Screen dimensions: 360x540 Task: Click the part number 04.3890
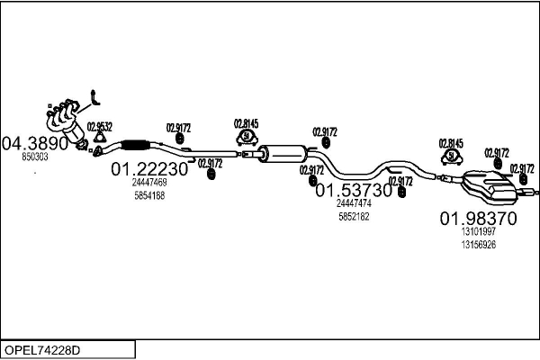click(x=36, y=143)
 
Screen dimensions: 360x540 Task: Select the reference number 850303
click(x=34, y=157)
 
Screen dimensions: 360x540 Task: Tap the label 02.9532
click(x=100, y=125)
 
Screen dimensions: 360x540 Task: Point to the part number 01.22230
click(x=149, y=168)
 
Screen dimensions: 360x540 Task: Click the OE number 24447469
click(x=148, y=182)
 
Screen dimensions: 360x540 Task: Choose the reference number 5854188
click(x=148, y=195)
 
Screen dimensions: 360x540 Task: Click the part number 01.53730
click(x=354, y=190)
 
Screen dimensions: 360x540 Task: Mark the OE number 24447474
click(x=354, y=203)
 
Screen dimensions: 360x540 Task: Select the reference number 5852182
click(x=354, y=217)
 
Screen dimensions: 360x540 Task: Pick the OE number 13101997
click(x=477, y=231)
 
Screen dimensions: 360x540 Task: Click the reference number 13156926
click(x=477, y=245)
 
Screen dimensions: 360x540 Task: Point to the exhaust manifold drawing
click(x=67, y=117)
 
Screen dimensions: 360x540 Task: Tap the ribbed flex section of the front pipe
click(x=135, y=146)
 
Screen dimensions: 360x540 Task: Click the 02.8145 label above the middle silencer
click(x=246, y=123)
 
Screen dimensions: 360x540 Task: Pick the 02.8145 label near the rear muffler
click(x=451, y=143)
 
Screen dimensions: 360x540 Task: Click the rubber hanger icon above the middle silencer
click(x=245, y=138)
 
